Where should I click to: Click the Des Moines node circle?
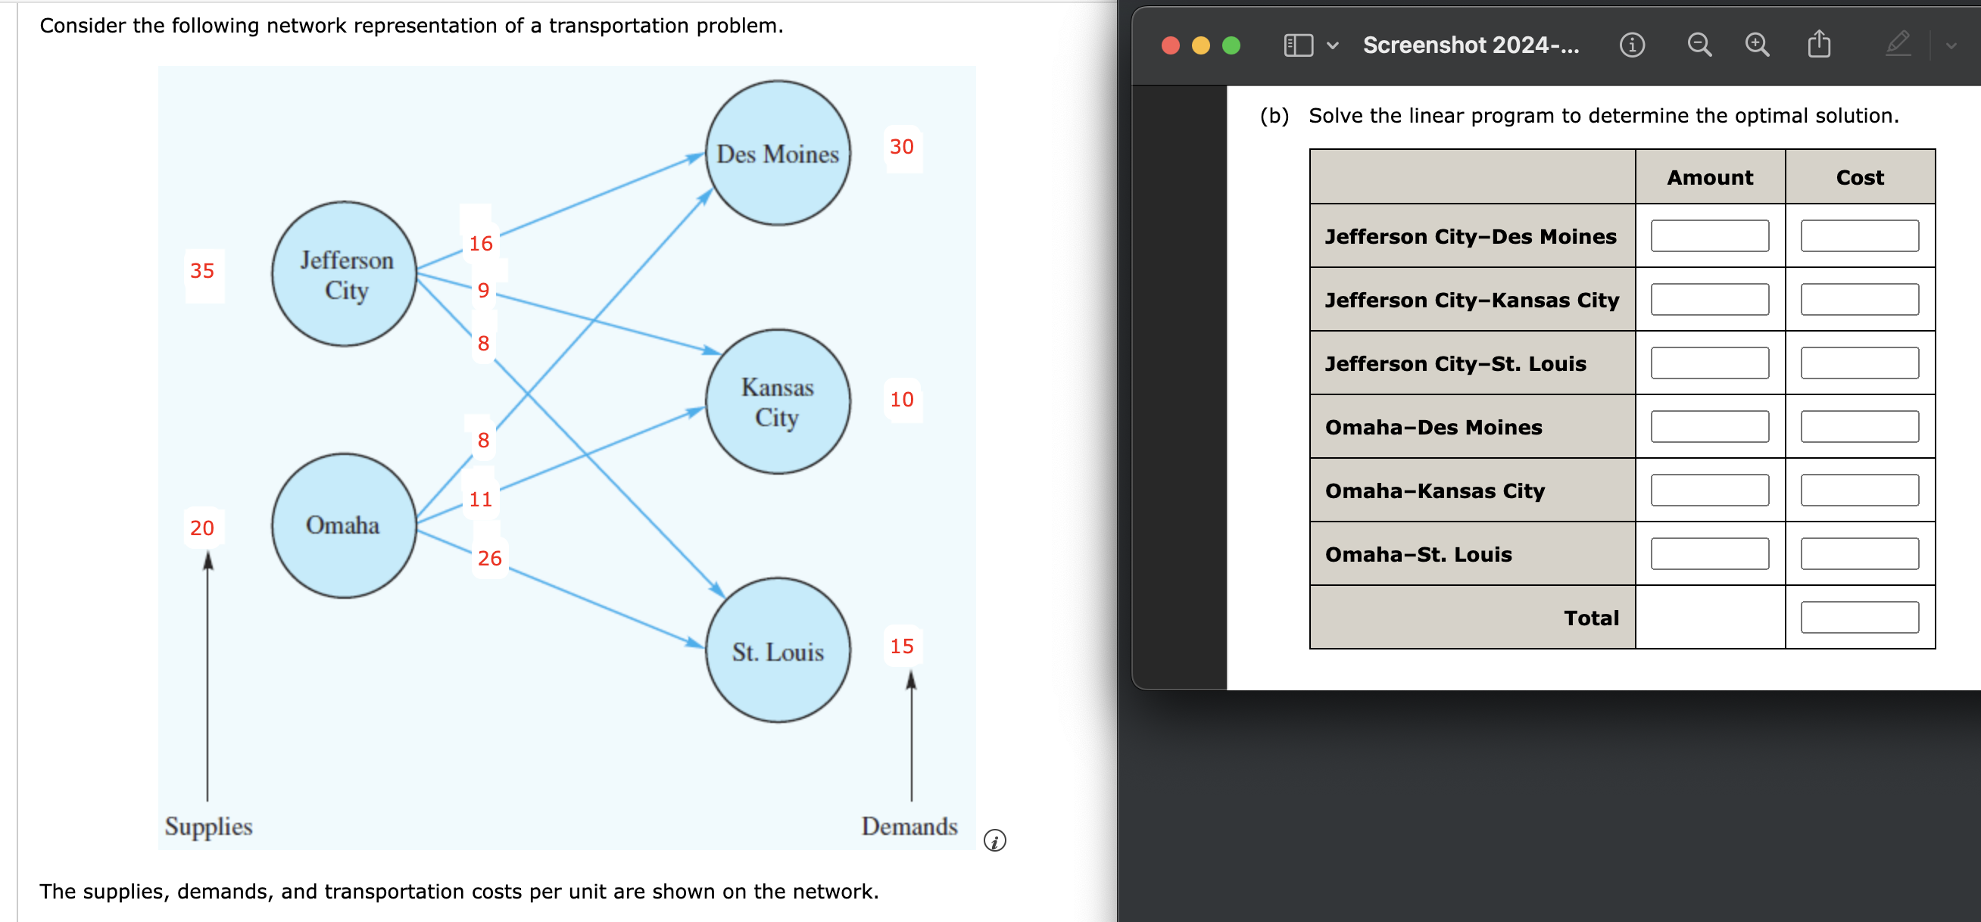coord(778,153)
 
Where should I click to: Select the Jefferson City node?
coord(345,274)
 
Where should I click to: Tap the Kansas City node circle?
coord(778,401)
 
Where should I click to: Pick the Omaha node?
coord(344,525)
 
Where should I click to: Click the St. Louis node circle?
coord(778,650)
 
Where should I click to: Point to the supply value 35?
coord(202,271)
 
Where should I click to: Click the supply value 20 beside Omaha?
coord(202,528)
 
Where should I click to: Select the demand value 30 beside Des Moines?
coord(901,147)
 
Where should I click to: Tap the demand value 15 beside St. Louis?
coord(901,646)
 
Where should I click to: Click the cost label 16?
coord(481,244)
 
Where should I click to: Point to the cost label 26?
coord(489,559)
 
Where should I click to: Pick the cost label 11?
coord(481,500)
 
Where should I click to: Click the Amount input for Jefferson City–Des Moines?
coord(1709,236)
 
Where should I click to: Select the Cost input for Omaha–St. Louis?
coord(1859,553)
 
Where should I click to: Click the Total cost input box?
coord(1859,618)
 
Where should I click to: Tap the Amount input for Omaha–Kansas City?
coord(1709,490)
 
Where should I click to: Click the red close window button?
coord(1170,45)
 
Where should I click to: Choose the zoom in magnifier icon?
coord(1756,45)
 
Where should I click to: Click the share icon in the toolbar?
coord(1818,45)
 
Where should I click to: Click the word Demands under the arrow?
coord(909,826)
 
